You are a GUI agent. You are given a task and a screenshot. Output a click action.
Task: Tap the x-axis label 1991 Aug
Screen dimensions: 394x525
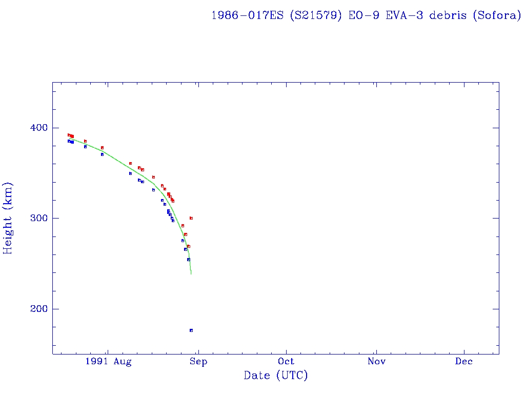(x=108, y=362)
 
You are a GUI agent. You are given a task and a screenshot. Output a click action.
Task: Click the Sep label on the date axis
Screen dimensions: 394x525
(x=198, y=362)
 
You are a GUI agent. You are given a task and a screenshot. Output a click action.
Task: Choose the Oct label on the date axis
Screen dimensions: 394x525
(x=286, y=362)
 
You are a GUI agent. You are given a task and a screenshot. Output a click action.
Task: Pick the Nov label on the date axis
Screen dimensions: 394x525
(x=376, y=362)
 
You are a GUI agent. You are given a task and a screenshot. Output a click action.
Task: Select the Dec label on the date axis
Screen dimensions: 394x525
(x=464, y=362)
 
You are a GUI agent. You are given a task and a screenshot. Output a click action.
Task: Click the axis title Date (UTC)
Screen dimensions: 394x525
(x=276, y=376)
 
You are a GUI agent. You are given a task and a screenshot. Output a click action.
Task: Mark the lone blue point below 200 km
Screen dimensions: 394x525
(x=191, y=330)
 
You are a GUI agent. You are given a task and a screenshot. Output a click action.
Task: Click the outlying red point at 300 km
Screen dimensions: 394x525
(x=191, y=218)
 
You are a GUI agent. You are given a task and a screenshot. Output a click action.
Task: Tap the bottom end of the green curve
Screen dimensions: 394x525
(x=191, y=273)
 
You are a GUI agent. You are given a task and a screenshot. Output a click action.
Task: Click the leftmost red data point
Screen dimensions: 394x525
(x=69, y=135)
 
